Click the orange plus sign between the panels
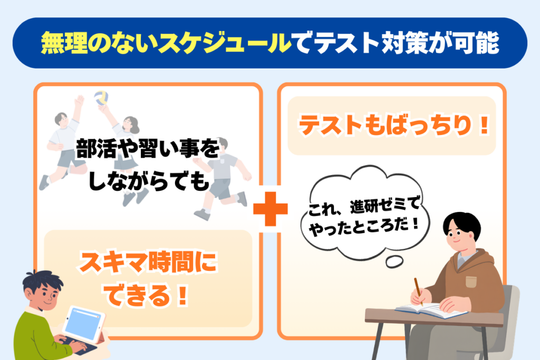(271, 209)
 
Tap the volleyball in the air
(101, 98)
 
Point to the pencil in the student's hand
(418, 291)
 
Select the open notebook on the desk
(430, 310)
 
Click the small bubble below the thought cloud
(394, 261)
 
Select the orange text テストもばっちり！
(393, 125)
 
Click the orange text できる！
(147, 295)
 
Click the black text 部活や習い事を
(148, 148)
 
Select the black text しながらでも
(149, 181)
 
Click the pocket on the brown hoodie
(471, 281)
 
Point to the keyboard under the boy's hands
(78, 346)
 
